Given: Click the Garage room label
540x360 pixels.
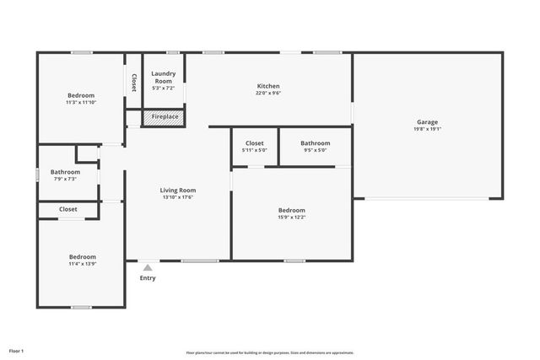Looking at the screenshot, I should (426, 122).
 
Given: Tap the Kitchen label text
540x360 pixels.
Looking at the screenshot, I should (268, 86).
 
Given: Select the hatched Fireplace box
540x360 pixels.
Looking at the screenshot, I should (164, 116).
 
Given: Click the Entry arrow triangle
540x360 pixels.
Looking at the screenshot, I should (148, 268).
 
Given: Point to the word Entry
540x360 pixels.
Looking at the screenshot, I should (148, 278).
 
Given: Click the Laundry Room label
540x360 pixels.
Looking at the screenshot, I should (163, 78).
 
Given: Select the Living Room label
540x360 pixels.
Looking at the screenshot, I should (178, 190).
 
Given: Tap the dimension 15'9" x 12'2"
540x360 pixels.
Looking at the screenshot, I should (292, 218).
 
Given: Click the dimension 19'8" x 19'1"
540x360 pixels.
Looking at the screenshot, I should (426, 130).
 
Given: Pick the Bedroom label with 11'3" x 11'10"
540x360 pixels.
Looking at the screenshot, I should (81, 95).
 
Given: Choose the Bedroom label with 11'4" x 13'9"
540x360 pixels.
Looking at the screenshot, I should (82, 256).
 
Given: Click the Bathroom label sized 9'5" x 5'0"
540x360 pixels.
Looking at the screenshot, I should (316, 143).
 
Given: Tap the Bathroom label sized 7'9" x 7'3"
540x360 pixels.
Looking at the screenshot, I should (65, 172).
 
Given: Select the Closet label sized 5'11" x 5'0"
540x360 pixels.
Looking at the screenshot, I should (255, 143).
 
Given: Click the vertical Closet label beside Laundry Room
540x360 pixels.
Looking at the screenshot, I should (133, 83).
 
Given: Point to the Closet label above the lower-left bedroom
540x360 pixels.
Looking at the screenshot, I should (67, 209).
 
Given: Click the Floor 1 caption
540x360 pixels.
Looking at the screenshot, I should (17, 350).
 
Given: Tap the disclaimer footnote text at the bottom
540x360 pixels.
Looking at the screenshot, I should (270, 352).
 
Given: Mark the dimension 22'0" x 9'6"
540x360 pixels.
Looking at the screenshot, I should (268, 94).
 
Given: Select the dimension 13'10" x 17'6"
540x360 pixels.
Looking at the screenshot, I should (178, 197).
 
